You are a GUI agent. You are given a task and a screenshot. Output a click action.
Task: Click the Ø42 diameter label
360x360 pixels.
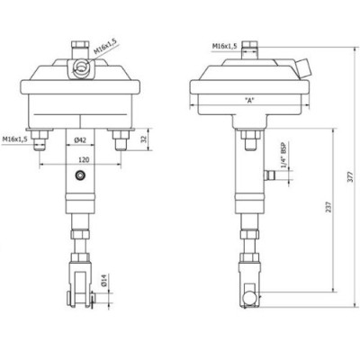click(x=80, y=140)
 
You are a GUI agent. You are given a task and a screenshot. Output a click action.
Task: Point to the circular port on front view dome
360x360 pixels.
click(x=80, y=65)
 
